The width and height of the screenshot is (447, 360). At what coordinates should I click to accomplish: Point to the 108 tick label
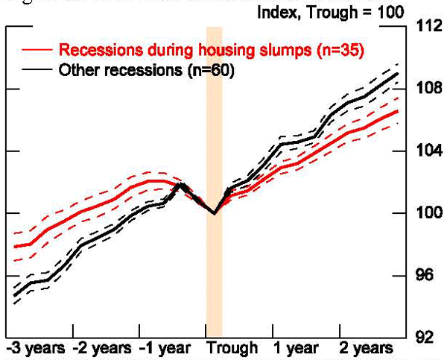pos(428,89)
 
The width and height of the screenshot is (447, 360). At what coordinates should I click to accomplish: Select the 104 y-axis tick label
pos(428,151)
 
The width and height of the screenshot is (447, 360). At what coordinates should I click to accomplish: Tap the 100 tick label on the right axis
pos(428,214)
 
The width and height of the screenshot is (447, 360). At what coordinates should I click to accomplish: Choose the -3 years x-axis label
pos(35,348)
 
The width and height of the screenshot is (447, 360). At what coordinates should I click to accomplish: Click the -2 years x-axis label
pos(104,348)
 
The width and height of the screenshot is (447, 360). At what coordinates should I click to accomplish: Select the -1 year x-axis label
pos(169,348)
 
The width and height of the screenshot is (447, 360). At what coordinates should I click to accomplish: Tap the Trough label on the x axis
pos(232,348)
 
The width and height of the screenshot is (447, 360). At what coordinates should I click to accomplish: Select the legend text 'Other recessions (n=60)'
pos(146,72)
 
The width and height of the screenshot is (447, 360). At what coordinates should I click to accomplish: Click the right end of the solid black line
pos(397,74)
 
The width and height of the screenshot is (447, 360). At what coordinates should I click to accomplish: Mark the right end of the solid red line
pos(397,112)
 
